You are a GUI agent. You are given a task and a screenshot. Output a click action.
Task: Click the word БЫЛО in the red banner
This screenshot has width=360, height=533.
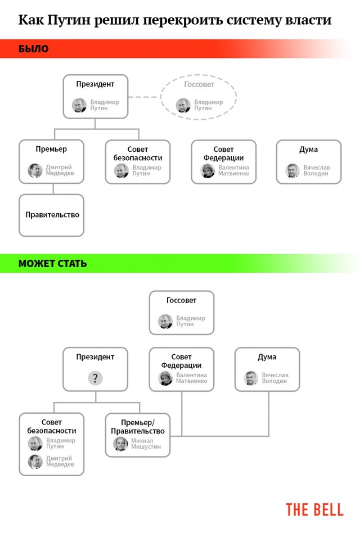(x=33, y=48)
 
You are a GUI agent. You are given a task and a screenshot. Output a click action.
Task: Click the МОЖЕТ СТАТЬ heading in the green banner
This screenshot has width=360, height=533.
(x=53, y=264)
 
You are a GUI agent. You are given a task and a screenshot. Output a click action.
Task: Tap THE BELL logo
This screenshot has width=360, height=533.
(x=314, y=510)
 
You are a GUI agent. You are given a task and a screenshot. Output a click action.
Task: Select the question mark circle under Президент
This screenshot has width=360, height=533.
(x=95, y=378)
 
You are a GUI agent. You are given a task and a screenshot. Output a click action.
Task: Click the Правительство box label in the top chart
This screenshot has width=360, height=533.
(x=52, y=215)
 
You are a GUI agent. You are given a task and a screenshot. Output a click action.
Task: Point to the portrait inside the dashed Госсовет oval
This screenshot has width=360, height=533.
(x=183, y=105)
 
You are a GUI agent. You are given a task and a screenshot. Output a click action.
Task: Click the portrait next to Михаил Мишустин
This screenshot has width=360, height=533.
(x=120, y=444)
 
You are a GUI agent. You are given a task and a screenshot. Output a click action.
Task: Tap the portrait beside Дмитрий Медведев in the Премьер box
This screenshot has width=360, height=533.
(x=35, y=170)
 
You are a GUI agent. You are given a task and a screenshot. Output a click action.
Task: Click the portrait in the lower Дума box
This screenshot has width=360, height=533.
(x=251, y=378)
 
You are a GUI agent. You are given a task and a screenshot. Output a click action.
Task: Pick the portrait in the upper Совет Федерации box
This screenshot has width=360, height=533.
(x=208, y=171)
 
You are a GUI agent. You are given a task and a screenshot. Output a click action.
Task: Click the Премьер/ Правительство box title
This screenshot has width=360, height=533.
(x=138, y=427)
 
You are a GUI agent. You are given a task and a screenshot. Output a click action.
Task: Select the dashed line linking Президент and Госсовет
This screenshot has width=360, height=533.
(x=144, y=97)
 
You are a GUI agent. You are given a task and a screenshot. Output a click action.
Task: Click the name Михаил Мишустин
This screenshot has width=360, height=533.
(x=146, y=444)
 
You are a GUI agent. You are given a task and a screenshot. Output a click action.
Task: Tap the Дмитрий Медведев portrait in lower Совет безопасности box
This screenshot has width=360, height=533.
(x=35, y=461)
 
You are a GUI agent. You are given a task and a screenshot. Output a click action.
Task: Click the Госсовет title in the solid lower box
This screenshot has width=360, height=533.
(x=182, y=300)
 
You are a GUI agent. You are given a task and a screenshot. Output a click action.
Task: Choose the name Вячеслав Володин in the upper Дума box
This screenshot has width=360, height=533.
(x=317, y=170)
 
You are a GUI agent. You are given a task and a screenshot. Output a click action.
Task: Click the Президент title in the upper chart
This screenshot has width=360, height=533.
(x=95, y=84)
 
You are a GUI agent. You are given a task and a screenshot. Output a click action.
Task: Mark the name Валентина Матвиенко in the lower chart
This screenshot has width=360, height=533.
(x=192, y=378)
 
